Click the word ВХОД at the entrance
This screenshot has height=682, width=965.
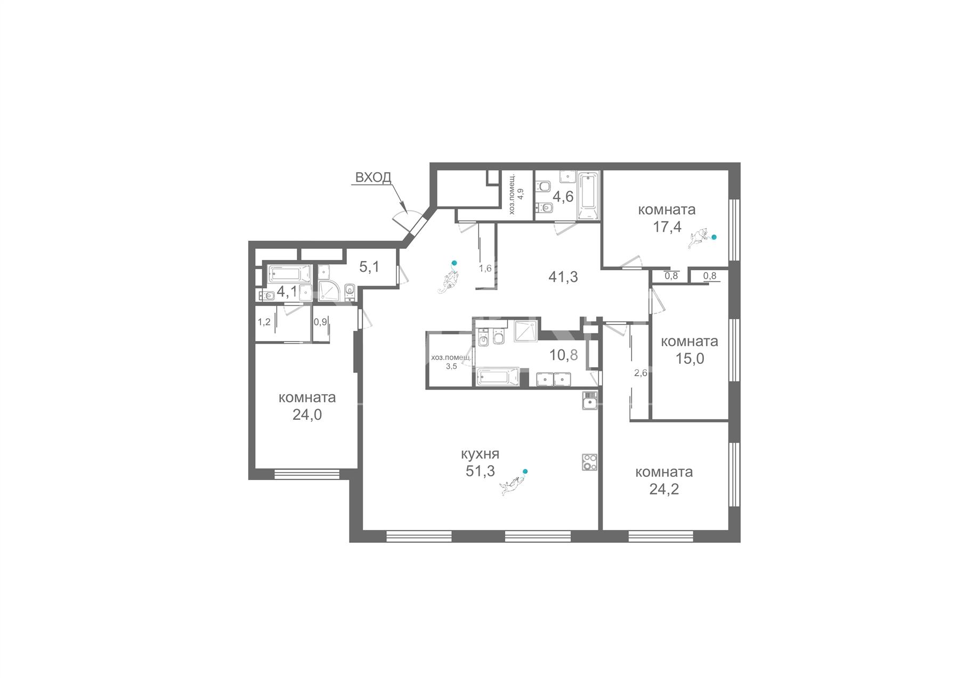click(373, 177)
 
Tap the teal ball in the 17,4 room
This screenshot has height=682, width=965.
click(714, 237)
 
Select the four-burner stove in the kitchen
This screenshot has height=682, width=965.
click(589, 461)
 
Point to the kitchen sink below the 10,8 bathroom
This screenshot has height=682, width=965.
click(589, 401)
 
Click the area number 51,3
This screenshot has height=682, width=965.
click(480, 470)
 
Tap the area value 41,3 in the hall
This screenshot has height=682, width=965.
click(563, 277)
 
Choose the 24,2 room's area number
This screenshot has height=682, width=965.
click(664, 489)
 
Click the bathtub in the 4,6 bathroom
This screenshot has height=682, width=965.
click(589, 196)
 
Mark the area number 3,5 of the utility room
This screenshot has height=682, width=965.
click(451, 367)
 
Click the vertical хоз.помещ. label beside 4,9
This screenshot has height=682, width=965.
click(513, 193)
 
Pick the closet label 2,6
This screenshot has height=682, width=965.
click(640, 373)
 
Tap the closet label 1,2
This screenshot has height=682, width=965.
click(264, 322)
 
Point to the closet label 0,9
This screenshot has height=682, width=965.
click(320, 322)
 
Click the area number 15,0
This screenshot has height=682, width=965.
click(690, 359)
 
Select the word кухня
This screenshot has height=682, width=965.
click(480, 454)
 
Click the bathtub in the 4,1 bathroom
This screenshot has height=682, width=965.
click(289, 274)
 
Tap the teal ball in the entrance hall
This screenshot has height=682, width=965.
click(454, 263)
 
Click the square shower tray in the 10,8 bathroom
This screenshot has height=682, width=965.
click(526, 331)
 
